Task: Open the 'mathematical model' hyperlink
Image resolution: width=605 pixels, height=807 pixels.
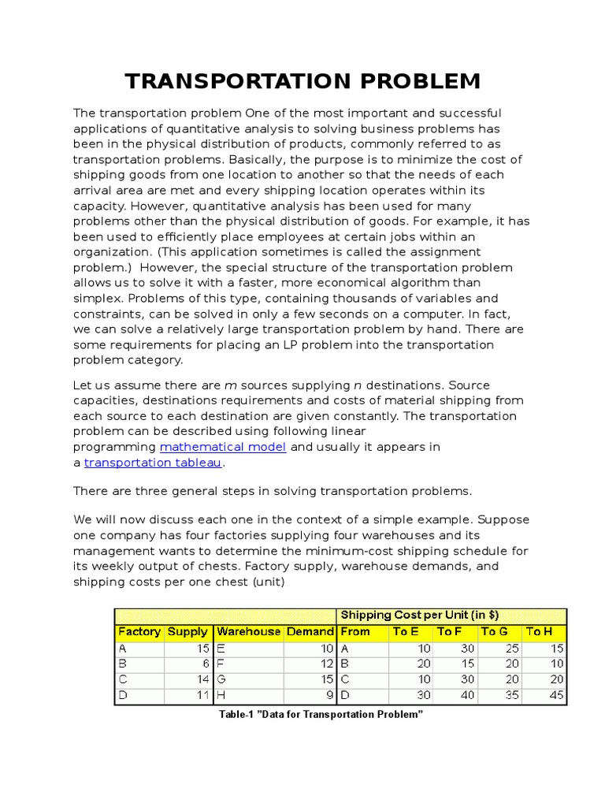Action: tap(223, 447)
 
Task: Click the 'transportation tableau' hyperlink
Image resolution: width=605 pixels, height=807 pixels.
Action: tap(153, 463)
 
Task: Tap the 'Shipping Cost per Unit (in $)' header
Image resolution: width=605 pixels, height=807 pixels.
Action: tap(419, 615)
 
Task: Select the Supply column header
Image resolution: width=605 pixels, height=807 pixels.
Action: tap(187, 631)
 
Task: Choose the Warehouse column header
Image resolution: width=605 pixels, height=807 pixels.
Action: tap(248, 631)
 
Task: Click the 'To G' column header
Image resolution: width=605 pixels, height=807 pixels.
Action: tap(495, 631)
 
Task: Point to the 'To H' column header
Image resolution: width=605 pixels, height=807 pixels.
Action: tap(540, 631)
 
